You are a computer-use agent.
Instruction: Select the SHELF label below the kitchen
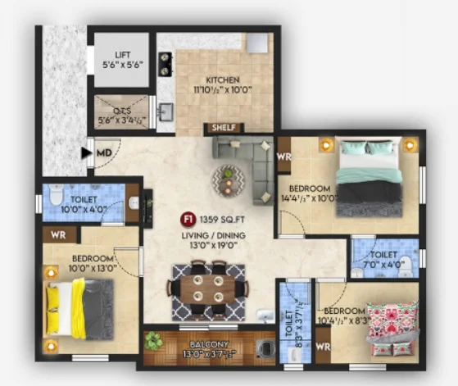224,128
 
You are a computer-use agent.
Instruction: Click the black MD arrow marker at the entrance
86,152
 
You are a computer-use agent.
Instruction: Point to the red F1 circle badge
188,219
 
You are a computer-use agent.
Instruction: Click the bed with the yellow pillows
78,307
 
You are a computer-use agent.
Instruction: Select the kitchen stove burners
164,62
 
